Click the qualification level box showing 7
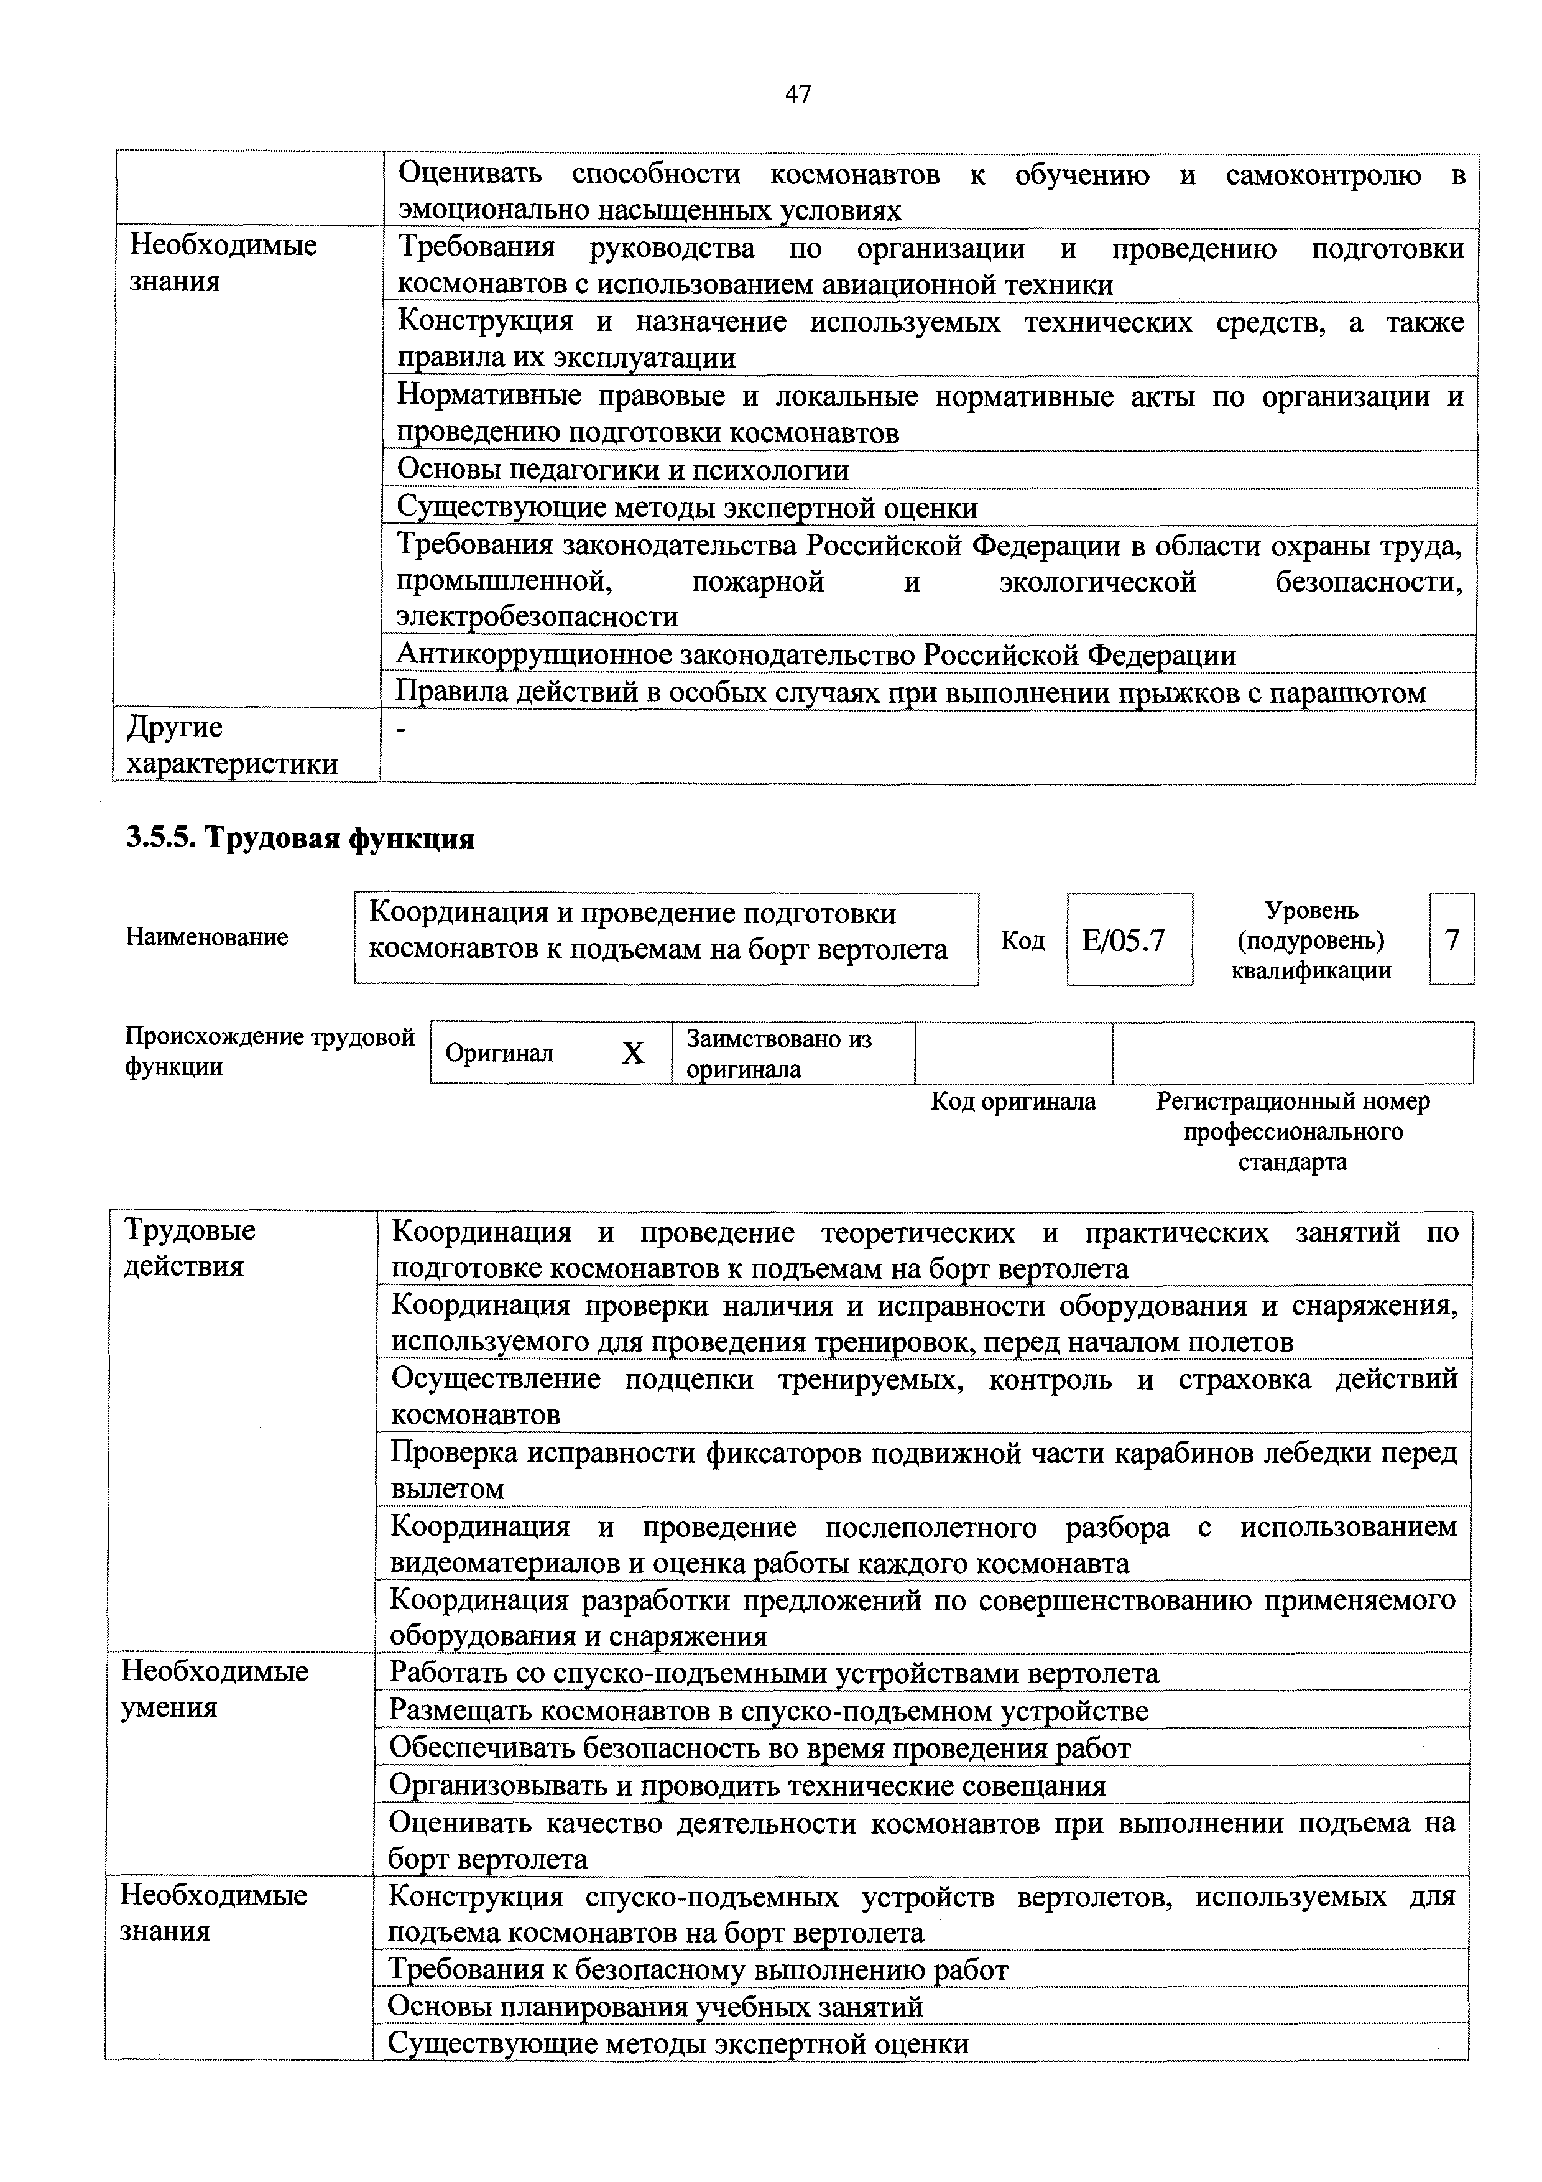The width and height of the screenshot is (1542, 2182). tap(1452, 940)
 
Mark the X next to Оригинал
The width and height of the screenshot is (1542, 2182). tap(633, 1053)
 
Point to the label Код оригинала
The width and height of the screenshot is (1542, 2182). tap(1013, 1102)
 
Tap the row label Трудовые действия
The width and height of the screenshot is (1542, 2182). tap(190, 1249)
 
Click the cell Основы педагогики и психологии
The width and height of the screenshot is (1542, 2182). tap(622, 470)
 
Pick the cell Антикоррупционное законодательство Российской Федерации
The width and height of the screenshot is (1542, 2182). tap(815, 655)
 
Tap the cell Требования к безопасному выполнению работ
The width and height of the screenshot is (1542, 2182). tap(698, 1970)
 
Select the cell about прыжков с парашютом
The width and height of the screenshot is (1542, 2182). tap(910, 693)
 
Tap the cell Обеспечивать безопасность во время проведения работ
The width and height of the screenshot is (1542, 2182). tap(760, 1748)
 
